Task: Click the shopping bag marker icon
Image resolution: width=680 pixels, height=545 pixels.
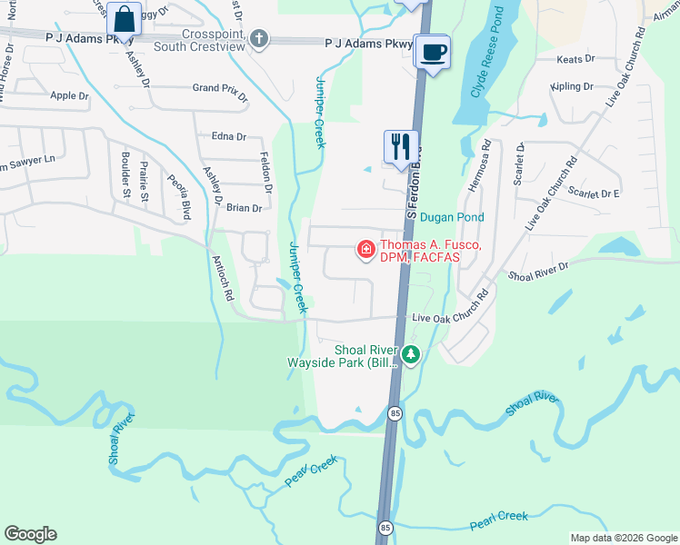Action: tap(123, 17)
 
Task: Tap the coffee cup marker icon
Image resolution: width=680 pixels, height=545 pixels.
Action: tap(433, 51)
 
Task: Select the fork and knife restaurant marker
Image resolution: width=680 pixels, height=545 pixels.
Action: tap(401, 146)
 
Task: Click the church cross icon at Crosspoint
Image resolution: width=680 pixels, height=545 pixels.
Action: tap(259, 38)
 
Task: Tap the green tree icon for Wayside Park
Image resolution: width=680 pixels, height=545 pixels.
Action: tap(411, 355)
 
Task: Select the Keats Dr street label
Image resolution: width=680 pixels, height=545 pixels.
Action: tap(576, 58)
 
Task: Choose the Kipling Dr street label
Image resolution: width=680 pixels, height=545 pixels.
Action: tap(572, 87)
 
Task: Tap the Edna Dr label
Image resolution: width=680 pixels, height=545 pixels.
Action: tap(228, 136)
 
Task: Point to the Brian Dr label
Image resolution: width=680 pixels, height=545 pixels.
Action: tap(244, 208)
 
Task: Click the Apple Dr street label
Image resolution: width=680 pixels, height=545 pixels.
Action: tap(70, 95)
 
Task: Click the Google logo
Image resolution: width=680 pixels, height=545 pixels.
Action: tap(30, 534)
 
